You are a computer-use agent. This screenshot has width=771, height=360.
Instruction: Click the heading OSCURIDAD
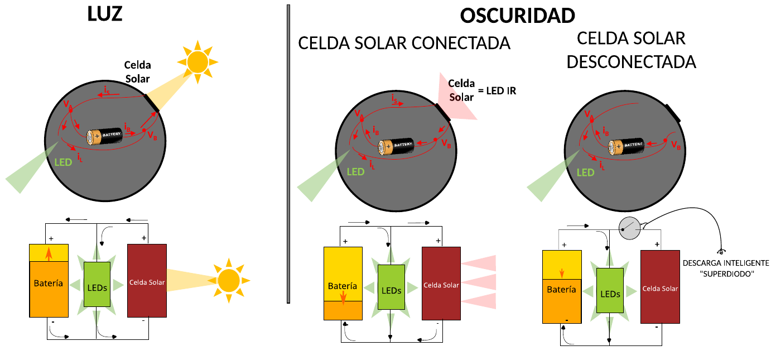point(517,16)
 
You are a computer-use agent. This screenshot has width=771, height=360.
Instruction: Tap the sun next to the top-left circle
point(197,61)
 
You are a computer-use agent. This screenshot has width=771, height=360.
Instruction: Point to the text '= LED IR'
point(497,90)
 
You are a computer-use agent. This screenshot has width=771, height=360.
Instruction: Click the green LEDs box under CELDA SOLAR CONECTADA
point(391,287)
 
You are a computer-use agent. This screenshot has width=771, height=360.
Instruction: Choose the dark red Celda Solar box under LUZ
point(147,280)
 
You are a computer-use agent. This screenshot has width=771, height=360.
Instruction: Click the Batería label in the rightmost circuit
point(561,290)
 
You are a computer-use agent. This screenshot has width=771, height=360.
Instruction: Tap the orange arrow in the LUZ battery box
point(49,254)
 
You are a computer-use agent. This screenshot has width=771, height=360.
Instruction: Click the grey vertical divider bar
point(288,153)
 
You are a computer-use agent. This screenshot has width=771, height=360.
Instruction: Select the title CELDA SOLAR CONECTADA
point(404,43)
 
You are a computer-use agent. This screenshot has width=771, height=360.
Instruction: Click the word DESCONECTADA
point(631,61)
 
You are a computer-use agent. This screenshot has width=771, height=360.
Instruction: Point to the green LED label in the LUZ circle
point(63,162)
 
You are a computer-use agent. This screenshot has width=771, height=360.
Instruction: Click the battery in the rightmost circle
point(625,146)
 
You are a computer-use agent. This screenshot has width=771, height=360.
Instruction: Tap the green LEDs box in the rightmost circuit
point(610,292)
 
